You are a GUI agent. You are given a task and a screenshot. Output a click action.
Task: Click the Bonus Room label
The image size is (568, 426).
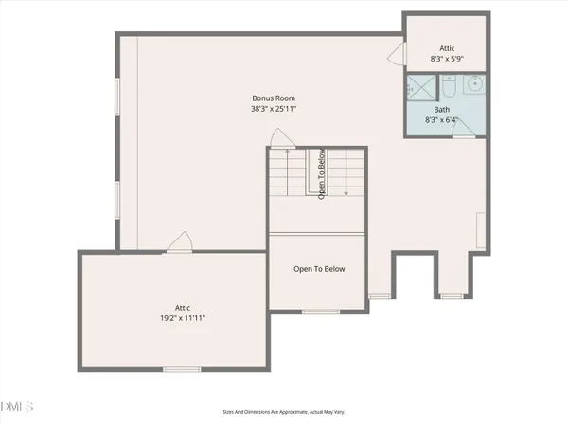pyautogui.click(x=275, y=98)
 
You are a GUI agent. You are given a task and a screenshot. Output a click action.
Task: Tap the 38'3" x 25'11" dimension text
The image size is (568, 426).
pyautogui.click(x=275, y=110)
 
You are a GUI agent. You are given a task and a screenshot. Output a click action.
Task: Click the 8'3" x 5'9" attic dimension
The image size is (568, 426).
pyautogui.click(x=448, y=59)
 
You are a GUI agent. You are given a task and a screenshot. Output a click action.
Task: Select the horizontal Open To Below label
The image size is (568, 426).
pyautogui.click(x=318, y=269)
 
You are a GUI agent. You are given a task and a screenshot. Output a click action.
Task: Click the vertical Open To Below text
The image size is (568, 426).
pyautogui.click(x=322, y=173)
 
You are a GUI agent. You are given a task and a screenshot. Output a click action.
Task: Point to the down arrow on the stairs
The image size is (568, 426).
pyautogui.click(x=347, y=189)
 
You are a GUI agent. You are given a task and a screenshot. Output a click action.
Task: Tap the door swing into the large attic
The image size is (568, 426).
pyautogui.click(x=178, y=243)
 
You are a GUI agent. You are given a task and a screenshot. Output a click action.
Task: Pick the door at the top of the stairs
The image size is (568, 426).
pyautogui.click(x=279, y=139)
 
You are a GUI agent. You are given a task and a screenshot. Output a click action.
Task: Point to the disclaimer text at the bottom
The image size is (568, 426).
pyautogui.click(x=283, y=412)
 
